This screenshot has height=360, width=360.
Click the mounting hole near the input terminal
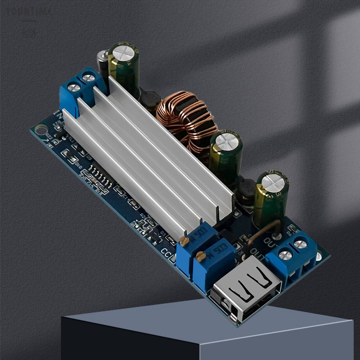point(40,129)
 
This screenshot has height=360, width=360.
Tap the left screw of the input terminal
point(74,87)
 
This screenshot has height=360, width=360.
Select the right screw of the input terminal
point(88,77)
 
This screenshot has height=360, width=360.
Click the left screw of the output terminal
point(285,255)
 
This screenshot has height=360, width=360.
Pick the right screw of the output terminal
point(300,244)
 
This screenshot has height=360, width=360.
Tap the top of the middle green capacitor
point(227,141)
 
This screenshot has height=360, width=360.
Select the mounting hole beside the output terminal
point(319,256)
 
